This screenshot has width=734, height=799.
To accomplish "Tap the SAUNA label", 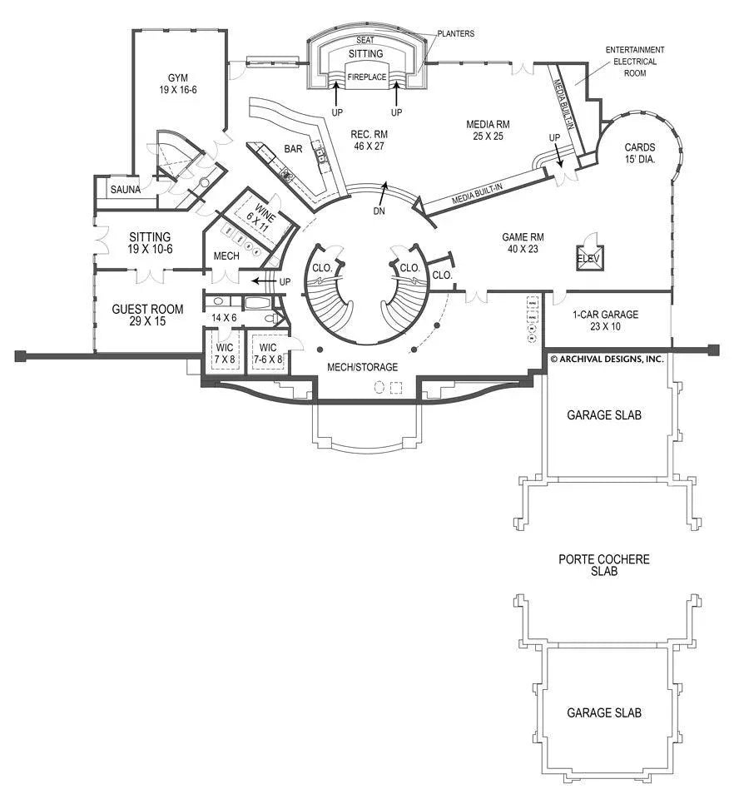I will click(x=126, y=190).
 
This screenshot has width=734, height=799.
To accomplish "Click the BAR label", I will click(x=293, y=149).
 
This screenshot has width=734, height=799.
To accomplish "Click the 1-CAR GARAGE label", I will click(x=605, y=320).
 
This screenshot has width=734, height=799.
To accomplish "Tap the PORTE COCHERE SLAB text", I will click(x=603, y=565).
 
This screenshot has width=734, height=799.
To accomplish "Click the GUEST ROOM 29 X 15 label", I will click(x=147, y=315).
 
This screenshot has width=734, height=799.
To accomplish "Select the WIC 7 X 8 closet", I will click(x=224, y=353).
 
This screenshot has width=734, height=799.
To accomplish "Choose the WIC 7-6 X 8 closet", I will click(x=267, y=353).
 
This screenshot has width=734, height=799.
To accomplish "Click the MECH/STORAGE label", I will click(x=362, y=367).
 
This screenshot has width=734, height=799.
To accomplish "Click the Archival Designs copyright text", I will click(x=606, y=359).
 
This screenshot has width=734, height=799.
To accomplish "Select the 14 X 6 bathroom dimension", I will click(x=225, y=318).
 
